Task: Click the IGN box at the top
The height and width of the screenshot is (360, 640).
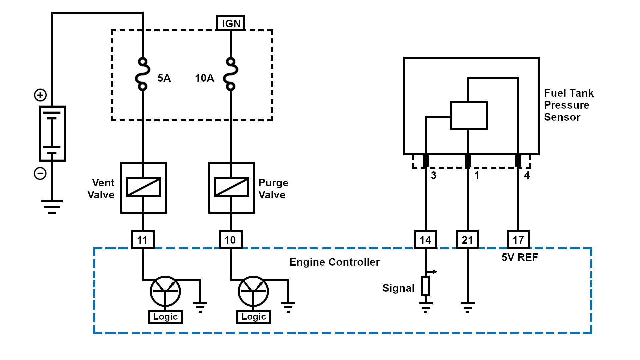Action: pyautogui.click(x=231, y=23)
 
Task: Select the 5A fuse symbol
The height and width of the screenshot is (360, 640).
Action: pyautogui.click(x=142, y=74)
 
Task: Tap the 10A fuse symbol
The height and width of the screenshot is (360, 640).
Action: pyautogui.click(x=230, y=74)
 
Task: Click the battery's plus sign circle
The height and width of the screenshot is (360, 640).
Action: pyautogui.click(x=40, y=95)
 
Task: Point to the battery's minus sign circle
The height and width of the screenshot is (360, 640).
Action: pyautogui.click(x=40, y=173)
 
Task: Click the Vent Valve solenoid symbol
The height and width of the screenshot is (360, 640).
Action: pyautogui.click(x=143, y=187)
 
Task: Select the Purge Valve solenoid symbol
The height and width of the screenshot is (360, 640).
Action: pyautogui.click(x=231, y=187)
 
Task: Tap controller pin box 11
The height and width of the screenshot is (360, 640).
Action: pyautogui.click(x=143, y=240)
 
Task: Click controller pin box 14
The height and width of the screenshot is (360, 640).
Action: pyautogui.click(x=425, y=240)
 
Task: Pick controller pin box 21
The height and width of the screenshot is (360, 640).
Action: pyautogui.click(x=467, y=240)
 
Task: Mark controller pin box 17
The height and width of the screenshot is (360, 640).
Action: pyautogui.click(x=518, y=240)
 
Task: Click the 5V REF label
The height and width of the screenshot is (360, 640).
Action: pyautogui.click(x=520, y=257)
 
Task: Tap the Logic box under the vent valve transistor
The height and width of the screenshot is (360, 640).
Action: pyautogui.click(x=165, y=317)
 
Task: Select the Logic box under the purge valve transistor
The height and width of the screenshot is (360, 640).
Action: pyautogui.click(x=253, y=317)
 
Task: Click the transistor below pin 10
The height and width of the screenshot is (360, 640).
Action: pyautogui.click(x=253, y=291)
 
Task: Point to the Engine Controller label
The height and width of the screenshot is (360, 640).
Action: pyautogui.click(x=334, y=262)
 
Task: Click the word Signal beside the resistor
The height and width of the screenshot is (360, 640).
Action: pyautogui.click(x=398, y=288)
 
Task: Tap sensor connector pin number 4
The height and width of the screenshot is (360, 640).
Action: pyautogui.click(x=527, y=175)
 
